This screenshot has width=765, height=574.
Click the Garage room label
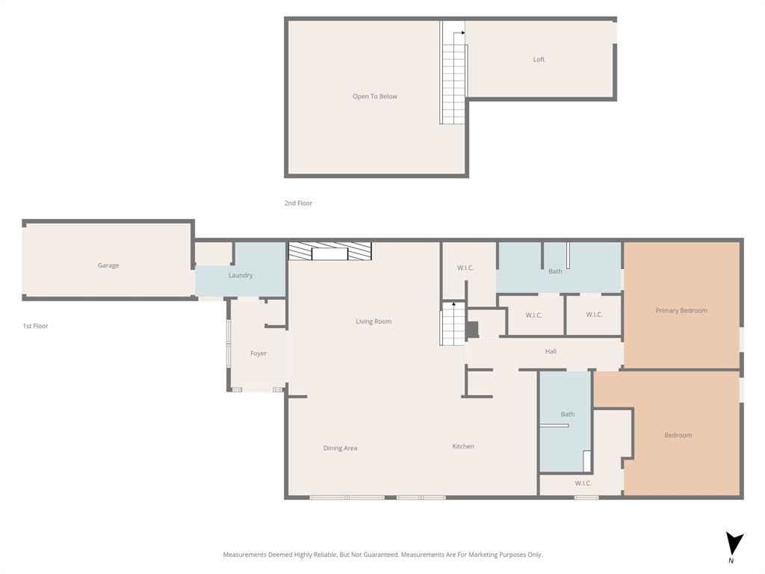(108, 265)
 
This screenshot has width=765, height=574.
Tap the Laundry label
(241, 275)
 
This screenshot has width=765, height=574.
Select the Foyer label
(258, 354)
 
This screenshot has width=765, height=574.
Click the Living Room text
(374, 321)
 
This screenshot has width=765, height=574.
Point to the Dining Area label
(340, 448)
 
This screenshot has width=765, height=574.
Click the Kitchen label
(463, 446)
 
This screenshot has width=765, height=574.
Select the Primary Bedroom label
(681, 310)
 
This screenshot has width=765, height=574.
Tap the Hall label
(551, 351)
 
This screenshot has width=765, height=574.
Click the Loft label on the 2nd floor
(539, 60)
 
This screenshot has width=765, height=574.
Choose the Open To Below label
(375, 96)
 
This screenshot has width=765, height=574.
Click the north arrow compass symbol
(734, 544)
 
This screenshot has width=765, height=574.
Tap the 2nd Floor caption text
(298, 203)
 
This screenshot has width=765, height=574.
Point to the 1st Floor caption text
(35, 326)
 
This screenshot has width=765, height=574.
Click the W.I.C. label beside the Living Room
(465, 268)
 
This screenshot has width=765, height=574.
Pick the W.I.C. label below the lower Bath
(583, 484)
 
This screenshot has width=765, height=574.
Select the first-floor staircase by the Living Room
(453, 326)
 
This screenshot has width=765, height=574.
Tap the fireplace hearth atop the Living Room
(329, 252)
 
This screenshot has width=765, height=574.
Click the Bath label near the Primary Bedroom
(555, 271)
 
